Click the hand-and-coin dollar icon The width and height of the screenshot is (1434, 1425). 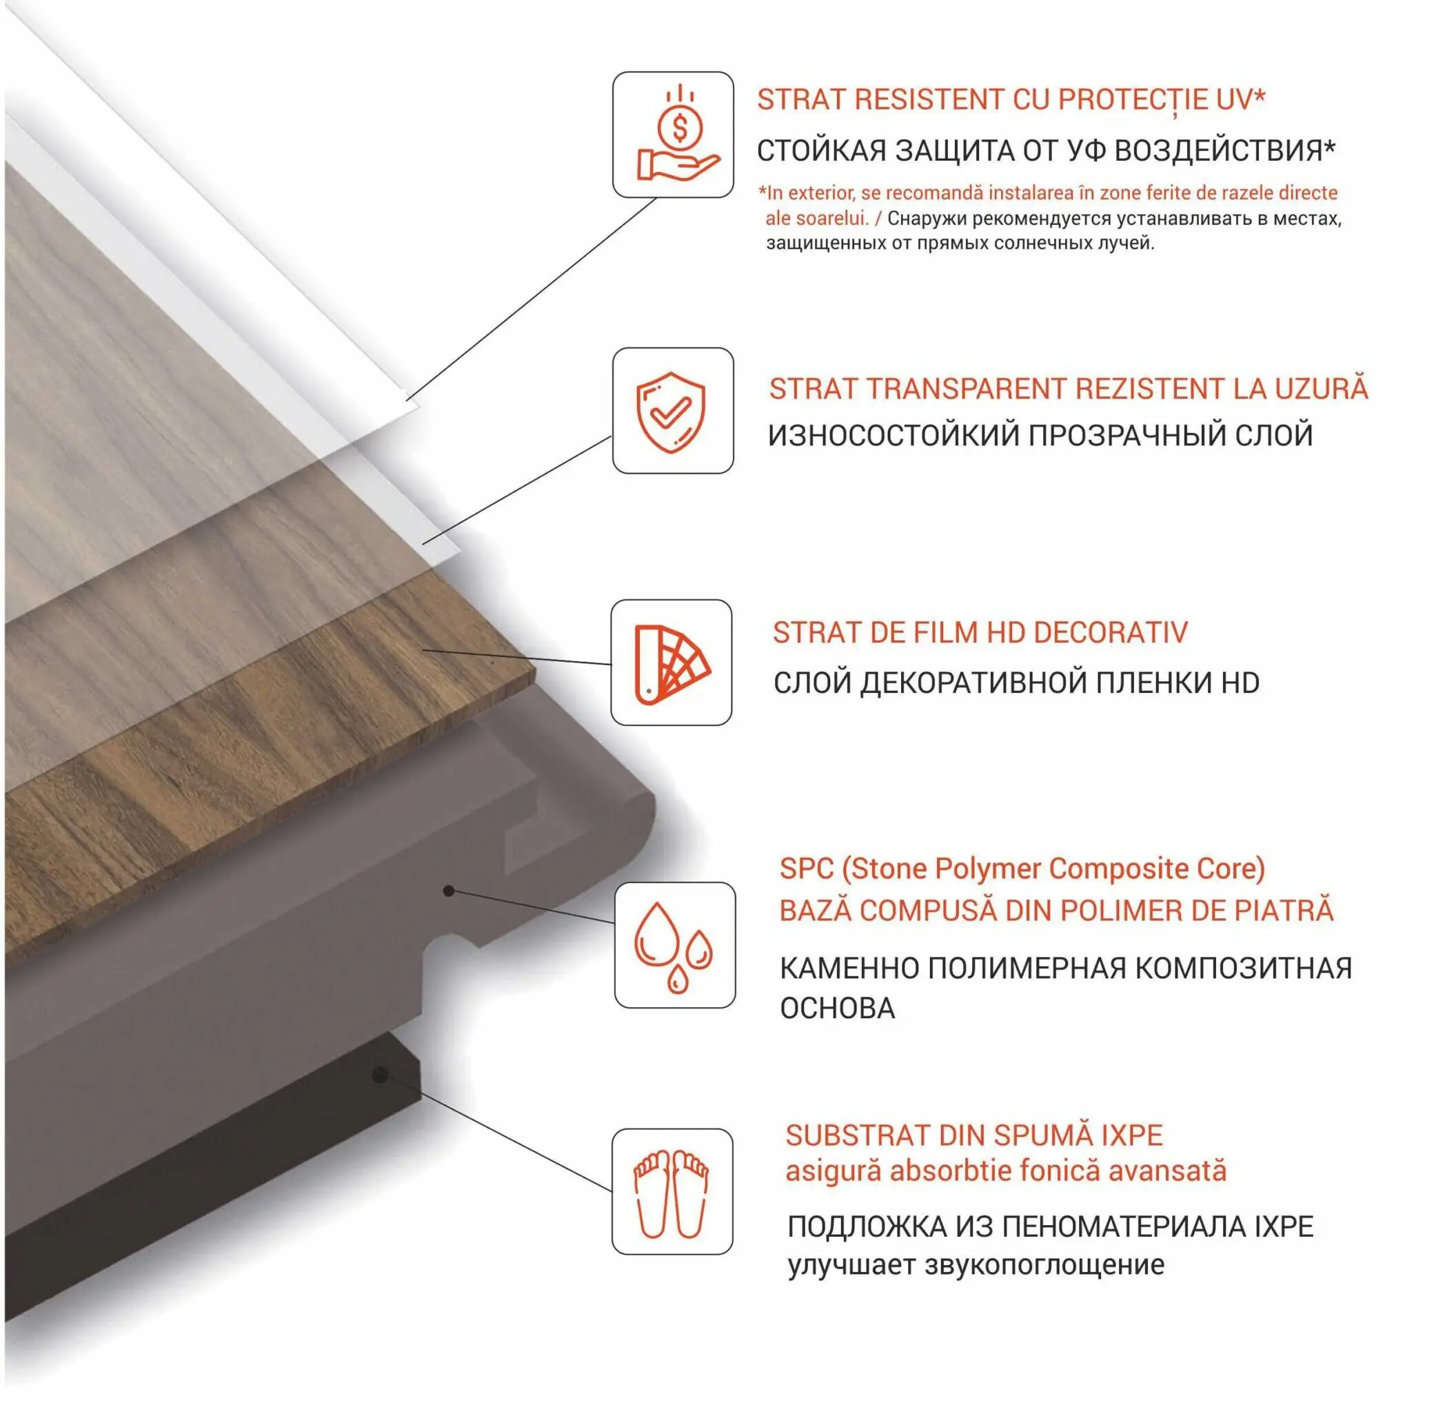point(678,134)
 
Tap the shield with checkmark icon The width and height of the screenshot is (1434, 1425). point(671,412)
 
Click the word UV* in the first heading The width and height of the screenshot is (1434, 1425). point(1241,99)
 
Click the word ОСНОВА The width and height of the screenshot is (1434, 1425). point(837,1009)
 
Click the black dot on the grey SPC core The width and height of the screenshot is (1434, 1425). point(448,891)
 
